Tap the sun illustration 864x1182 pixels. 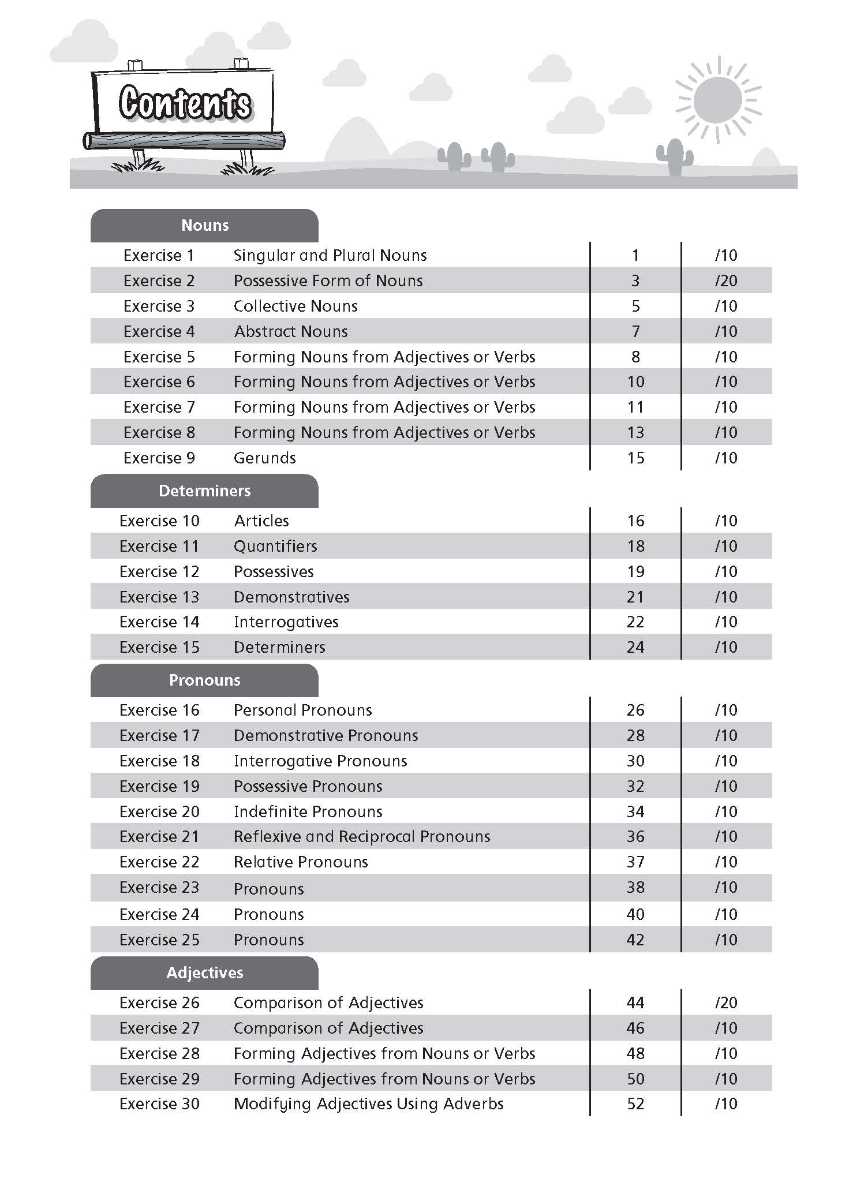coord(717,100)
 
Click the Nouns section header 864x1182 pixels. coord(204,225)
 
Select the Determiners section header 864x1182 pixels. coord(204,491)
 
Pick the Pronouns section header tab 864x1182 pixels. coord(204,680)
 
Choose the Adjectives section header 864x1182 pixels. coord(204,972)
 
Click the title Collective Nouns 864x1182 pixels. coord(296,306)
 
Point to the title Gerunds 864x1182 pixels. coord(264,458)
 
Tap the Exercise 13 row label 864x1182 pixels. coord(159,597)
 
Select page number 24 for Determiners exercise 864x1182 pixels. coord(635,647)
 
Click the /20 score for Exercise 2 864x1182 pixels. coord(726,280)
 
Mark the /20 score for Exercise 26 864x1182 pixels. coord(726,1003)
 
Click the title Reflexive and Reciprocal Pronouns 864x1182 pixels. coord(362,836)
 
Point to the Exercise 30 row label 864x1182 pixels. coord(159,1104)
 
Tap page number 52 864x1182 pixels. coord(635,1104)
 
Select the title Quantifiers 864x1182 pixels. coord(275,546)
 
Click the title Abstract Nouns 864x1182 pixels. coord(291,331)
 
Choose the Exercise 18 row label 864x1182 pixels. coord(159,761)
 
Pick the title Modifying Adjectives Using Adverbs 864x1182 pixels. coord(368,1104)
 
